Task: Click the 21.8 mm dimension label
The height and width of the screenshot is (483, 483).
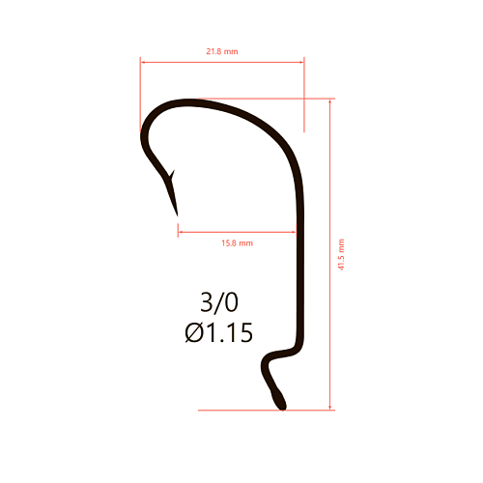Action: click(222, 51)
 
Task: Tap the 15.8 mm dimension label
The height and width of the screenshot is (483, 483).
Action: click(238, 243)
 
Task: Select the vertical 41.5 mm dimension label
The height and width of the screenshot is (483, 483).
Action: click(341, 254)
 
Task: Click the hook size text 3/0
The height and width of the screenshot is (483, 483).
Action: click(219, 302)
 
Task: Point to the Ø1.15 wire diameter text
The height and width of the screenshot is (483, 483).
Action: click(219, 332)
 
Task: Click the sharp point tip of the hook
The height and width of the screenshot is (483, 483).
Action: click(177, 215)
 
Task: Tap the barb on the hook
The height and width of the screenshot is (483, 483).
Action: click(172, 175)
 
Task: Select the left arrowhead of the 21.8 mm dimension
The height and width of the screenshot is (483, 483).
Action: click(143, 62)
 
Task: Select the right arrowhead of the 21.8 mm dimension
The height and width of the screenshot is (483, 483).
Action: click(301, 62)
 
